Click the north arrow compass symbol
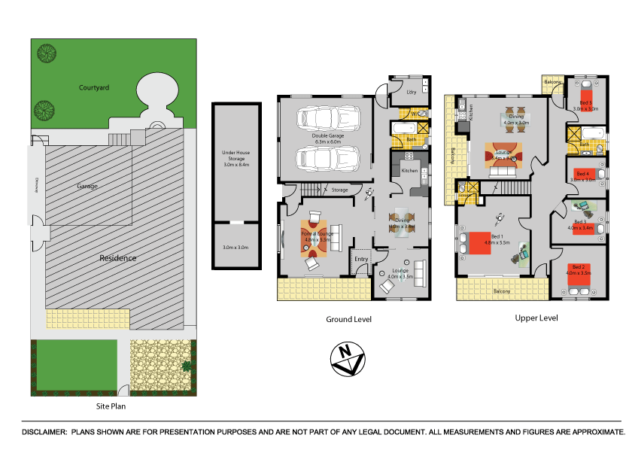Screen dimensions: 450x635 [x=347, y=359]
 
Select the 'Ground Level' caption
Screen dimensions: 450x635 [x=348, y=319]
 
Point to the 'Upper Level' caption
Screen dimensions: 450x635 [x=536, y=318]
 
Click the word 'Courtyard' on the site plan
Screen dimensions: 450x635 [x=94, y=87]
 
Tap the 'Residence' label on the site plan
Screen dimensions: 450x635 [x=118, y=257]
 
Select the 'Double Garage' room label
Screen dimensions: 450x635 [x=327, y=136]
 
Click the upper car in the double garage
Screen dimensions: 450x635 [x=327, y=117]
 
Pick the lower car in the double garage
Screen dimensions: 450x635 [x=327, y=159]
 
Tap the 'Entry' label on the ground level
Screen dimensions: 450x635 [x=362, y=260]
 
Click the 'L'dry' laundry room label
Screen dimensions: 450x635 [x=411, y=92]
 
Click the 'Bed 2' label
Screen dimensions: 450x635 [x=578, y=266]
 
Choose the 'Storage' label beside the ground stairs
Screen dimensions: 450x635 [x=339, y=190]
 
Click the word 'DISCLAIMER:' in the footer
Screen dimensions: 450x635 [x=44, y=432]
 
